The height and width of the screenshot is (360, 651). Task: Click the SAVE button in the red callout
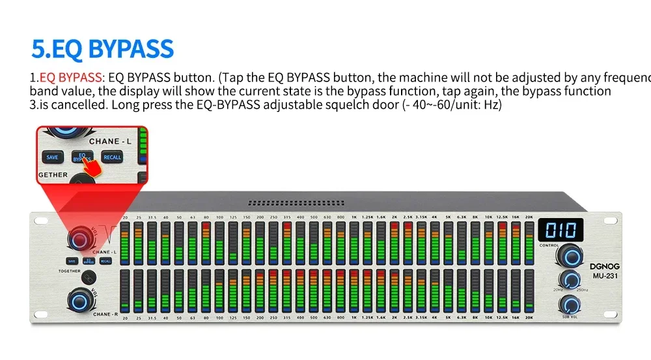tap(52, 157)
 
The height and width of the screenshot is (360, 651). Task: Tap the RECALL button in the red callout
tap(112, 157)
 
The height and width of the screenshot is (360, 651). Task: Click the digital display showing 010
tap(560, 230)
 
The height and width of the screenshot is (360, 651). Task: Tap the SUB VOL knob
tap(571, 303)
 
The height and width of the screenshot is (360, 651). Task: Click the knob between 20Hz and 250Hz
tap(571, 280)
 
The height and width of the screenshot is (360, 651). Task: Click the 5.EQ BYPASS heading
tap(103, 49)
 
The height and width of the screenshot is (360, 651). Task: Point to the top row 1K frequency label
tap(353, 217)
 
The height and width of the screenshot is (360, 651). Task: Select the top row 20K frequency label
tap(529, 217)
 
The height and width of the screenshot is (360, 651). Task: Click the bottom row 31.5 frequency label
tap(151, 318)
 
